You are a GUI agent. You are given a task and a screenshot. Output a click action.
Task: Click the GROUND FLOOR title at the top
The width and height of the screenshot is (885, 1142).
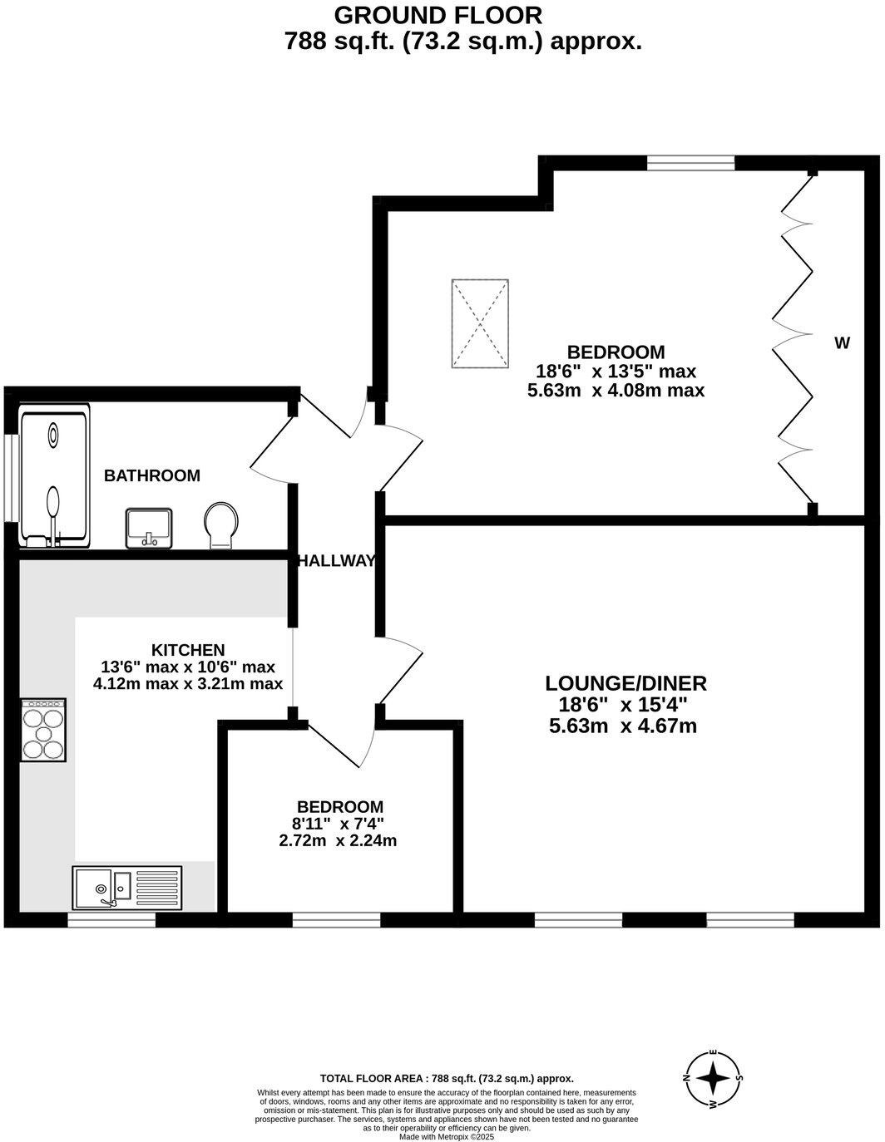tap(438, 15)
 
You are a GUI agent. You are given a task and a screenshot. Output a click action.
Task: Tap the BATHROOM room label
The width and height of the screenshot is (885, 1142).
tap(151, 476)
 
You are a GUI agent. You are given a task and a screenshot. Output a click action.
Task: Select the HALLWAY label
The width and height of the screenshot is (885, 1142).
tap(337, 561)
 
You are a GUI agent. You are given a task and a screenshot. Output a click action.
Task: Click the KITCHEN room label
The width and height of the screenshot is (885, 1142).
tap(188, 650)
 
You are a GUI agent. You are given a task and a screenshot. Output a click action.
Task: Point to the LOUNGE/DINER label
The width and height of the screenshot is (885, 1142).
tap(625, 684)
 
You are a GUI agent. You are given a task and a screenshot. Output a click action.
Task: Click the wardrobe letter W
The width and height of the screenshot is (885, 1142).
tap(842, 343)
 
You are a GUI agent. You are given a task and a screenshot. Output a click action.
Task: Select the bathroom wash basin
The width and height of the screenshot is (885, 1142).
tap(149, 529)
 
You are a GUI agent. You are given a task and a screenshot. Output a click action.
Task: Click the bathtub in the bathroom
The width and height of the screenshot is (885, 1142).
tap(54, 477)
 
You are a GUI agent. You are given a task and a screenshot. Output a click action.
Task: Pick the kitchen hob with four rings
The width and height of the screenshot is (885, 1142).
tap(43, 730)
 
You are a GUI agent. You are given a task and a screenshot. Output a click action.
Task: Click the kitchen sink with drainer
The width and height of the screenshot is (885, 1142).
tap(126, 888)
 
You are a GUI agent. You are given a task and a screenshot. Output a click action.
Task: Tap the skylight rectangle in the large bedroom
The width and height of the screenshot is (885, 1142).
tap(480, 324)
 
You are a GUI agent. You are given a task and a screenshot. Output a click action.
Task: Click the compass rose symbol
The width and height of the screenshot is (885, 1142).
tap(713, 1079)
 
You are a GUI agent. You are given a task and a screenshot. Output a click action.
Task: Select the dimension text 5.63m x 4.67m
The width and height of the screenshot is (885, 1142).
tap(623, 726)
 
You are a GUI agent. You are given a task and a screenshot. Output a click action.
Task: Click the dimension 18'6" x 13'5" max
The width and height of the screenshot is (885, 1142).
tap(616, 372)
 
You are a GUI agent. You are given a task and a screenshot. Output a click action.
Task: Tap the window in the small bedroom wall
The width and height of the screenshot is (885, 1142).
tap(336, 919)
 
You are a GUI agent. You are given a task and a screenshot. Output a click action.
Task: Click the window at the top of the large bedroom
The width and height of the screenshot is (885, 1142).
tap(690, 164)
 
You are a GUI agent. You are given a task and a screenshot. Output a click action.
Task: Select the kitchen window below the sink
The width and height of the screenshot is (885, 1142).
tap(111, 920)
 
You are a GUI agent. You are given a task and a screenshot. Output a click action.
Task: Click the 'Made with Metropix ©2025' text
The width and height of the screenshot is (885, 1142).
tap(447, 1136)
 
